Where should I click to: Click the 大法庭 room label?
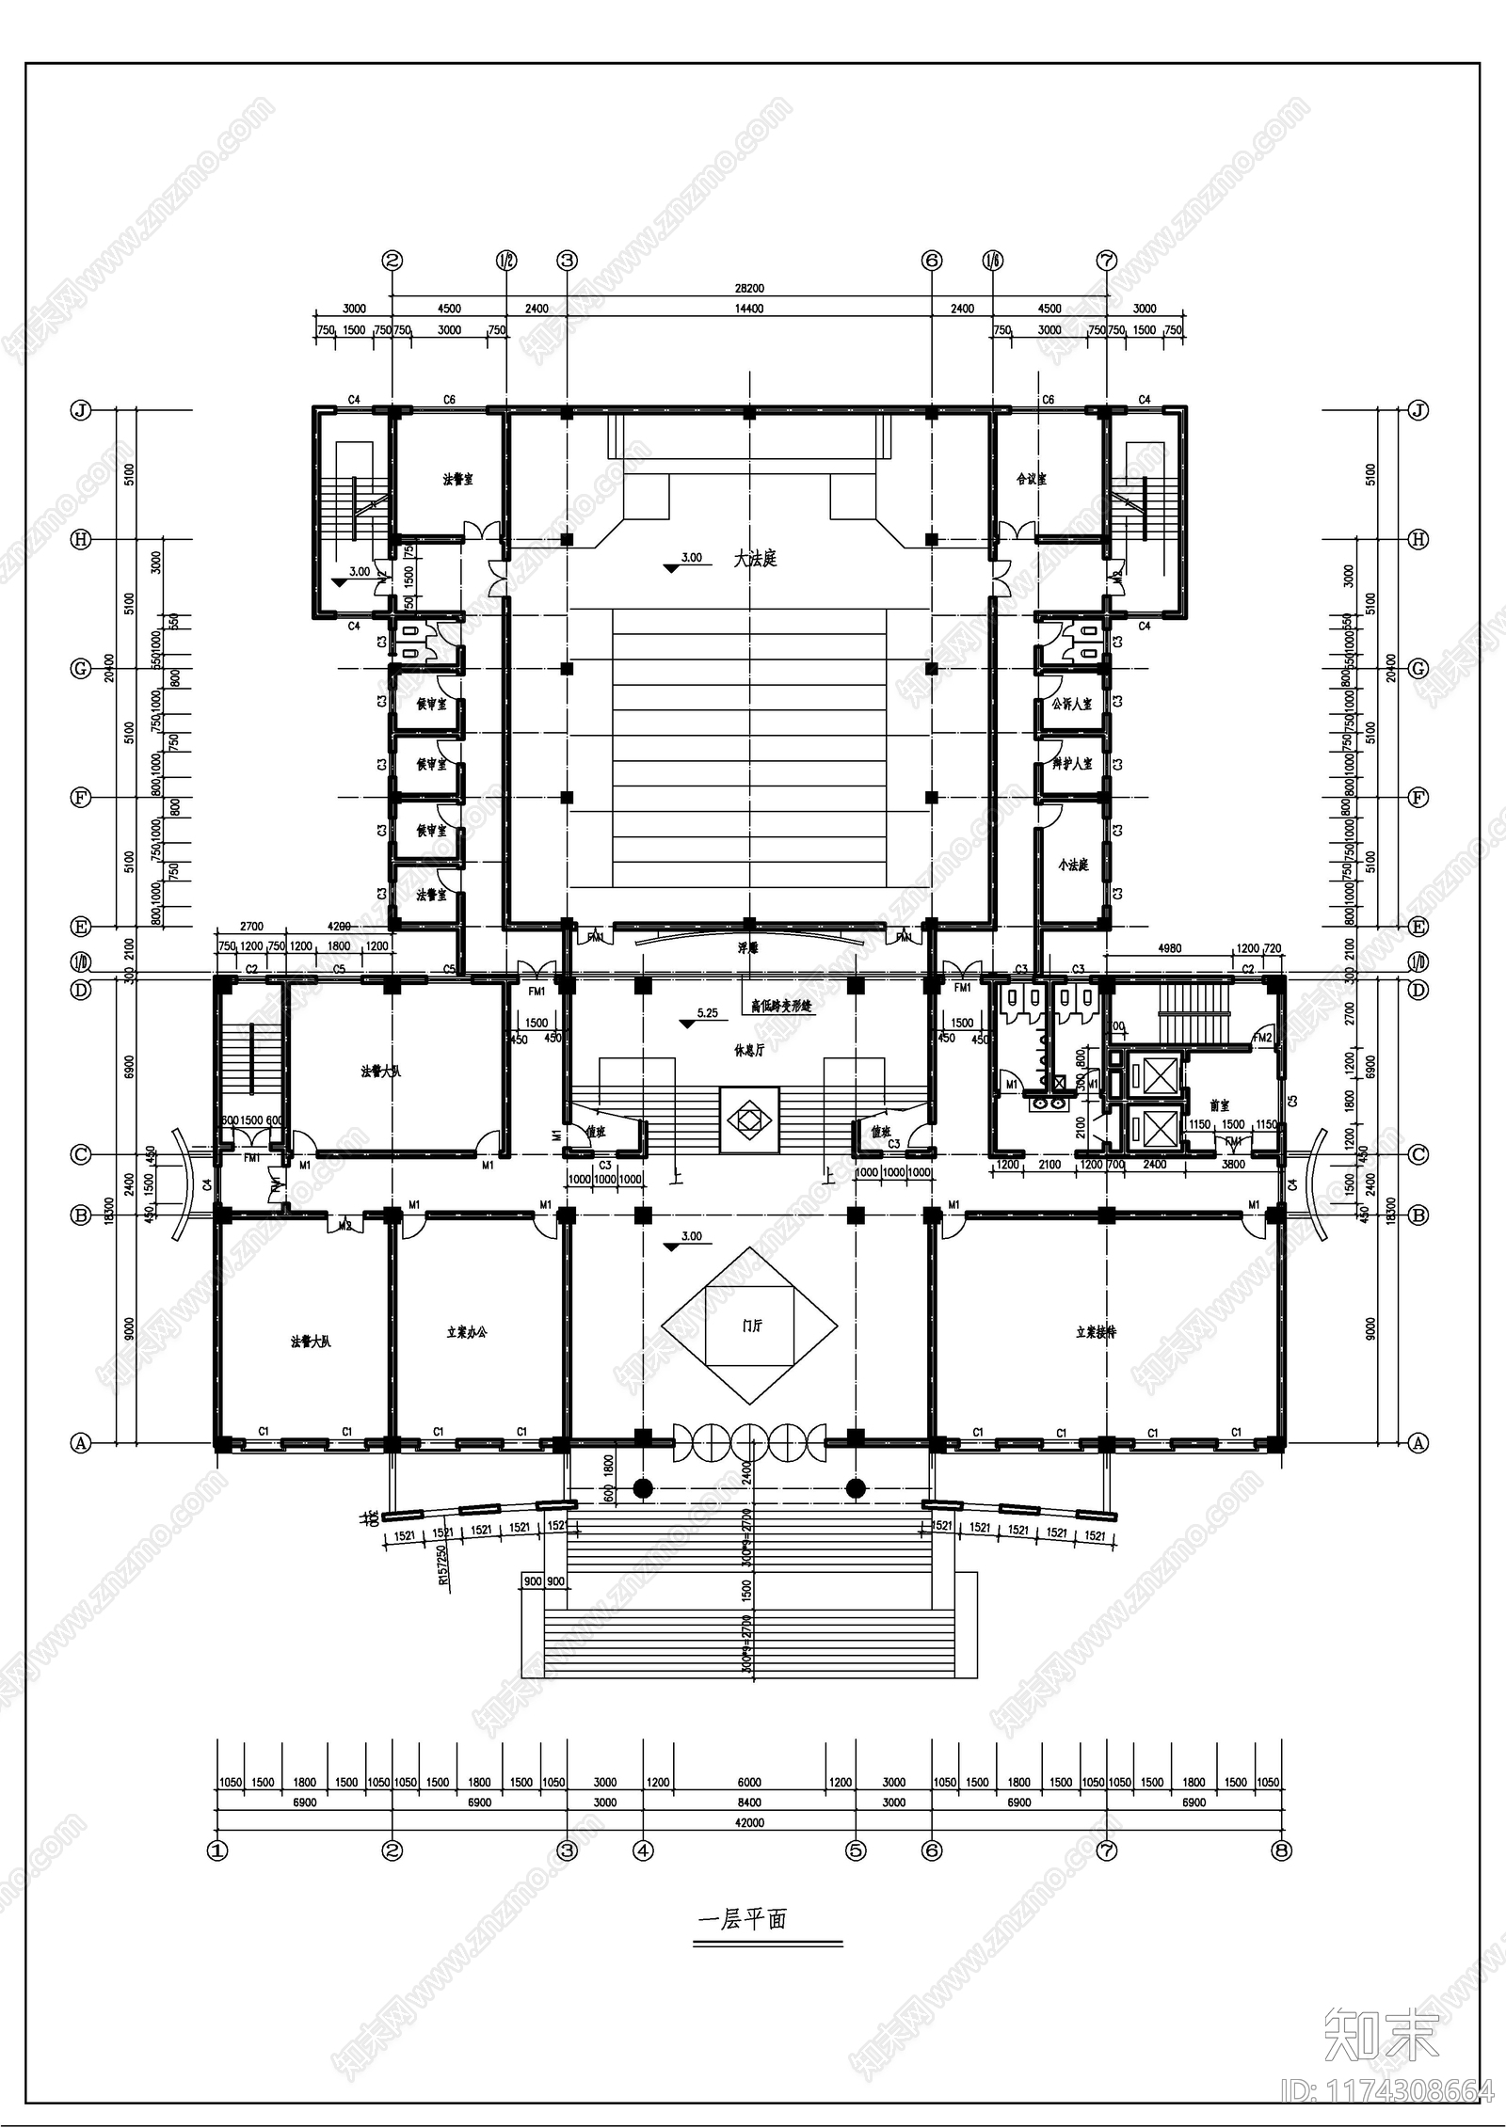tap(756, 559)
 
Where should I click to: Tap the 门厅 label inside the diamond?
tap(751, 1326)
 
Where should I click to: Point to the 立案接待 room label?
tap(1096, 1332)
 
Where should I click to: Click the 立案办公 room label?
tap(467, 1332)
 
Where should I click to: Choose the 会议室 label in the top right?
tap(1032, 479)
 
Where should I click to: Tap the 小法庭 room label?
tap(1073, 865)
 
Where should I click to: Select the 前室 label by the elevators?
tap(1220, 1106)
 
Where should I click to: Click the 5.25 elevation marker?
tap(707, 1013)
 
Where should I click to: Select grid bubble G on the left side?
tap(81, 669)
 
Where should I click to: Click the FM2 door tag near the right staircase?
tap(1262, 1038)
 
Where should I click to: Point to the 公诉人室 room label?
tap(1072, 704)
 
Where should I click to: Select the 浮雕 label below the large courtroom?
tap(748, 949)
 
